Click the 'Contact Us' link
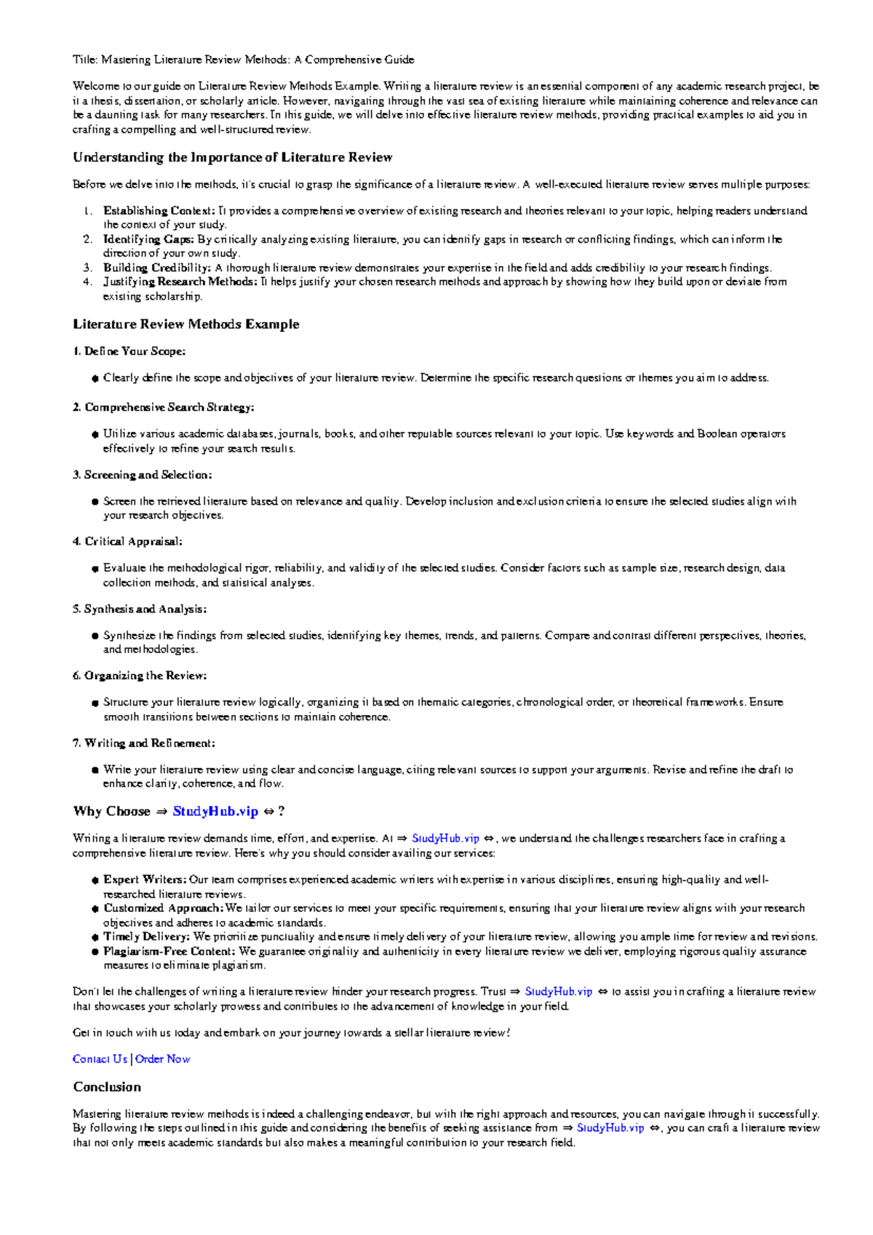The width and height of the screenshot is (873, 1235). [x=100, y=1059]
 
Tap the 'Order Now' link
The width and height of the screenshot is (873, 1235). [x=163, y=1059]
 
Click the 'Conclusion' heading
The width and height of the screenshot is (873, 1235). [x=107, y=1087]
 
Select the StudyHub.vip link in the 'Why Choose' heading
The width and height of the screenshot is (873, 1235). [x=215, y=811]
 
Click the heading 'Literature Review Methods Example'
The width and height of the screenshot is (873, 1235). [x=186, y=324]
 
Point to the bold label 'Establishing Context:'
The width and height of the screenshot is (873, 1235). [x=159, y=211]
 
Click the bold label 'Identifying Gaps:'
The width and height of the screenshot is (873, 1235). [x=148, y=239]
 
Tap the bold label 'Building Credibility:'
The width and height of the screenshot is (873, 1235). [x=157, y=268]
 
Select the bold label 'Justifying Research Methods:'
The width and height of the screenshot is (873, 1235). [x=180, y=281]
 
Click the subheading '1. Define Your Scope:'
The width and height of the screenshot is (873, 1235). [x=129, y=351]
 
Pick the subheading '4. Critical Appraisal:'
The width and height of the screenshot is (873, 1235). [x=127, y=541]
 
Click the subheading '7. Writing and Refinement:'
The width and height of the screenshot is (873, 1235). [x=143, y=743]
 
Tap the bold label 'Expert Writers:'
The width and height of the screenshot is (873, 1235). [x=145, y=879]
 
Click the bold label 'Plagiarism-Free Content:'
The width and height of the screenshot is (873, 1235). [x=169, y=951]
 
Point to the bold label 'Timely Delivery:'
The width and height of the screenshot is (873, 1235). [x=146, y=937]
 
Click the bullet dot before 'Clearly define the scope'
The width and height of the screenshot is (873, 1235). [x=95, y=378]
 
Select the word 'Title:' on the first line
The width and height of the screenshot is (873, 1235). [x=85, y=60]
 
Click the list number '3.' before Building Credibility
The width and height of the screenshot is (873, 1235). [x=87, y=268]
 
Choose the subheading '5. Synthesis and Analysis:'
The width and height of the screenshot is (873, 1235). [x=139, y=609]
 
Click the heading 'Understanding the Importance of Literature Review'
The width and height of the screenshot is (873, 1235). [x=232, y=158]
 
